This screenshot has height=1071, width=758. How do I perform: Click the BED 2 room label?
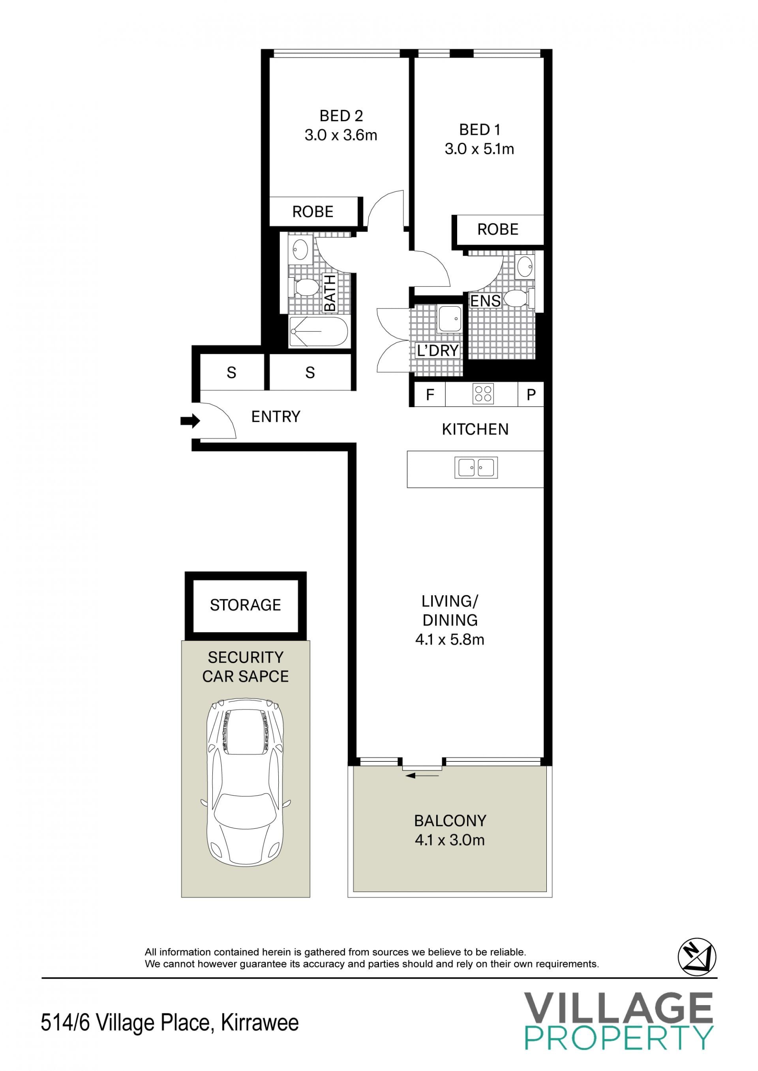coord(341,116)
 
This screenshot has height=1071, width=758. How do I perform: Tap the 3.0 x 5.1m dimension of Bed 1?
coord(479,149)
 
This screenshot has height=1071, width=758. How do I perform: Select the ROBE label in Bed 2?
coord(313,212)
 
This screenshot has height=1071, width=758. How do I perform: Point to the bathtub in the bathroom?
coord(318,331)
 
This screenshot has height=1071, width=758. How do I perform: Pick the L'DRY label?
coord(437,350)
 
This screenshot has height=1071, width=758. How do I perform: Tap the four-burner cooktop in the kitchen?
coord(482,393)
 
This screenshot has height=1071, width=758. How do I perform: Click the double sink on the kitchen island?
coord(476,467)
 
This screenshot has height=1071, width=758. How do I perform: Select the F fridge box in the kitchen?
coord(430,394)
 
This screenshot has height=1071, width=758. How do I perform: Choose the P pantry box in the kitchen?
coord(531,394)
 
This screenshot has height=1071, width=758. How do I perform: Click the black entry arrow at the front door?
coord(190,421)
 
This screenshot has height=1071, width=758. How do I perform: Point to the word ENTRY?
coord(276,417)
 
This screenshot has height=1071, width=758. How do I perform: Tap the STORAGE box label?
coord(246,605)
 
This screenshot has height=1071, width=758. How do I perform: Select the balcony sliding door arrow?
coord(422,776)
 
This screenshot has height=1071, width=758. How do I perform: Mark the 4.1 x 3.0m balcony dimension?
coord(450,840)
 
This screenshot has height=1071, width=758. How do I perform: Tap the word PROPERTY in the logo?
coord(619,1037)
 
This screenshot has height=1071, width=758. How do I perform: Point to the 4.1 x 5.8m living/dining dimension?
coord(450,639)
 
